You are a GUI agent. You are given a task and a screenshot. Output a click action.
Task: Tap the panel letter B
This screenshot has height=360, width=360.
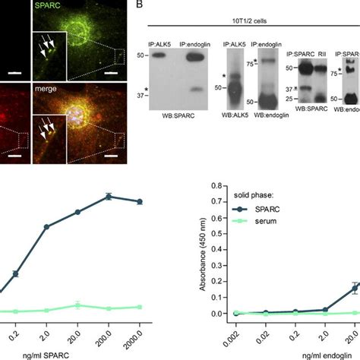point(139,5)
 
